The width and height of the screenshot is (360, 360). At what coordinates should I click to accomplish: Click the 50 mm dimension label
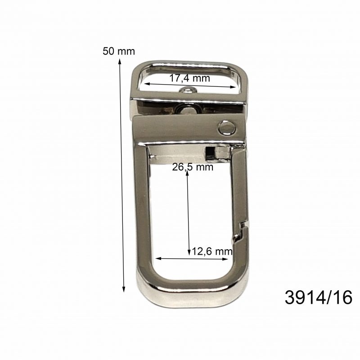[x=119, y=51]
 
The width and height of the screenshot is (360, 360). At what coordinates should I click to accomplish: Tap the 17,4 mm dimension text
[x=189, y=78]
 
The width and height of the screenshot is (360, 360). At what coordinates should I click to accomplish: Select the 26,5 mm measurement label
[x=193, y=167]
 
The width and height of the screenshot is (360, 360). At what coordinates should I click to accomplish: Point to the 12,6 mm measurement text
[x=212, y=252]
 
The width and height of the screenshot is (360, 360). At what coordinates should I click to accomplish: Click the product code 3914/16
[x=319, y=297]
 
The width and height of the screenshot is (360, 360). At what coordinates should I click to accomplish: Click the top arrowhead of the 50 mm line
[x=119, y=61]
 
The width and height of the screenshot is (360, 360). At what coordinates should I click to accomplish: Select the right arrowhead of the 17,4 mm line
[x=233, y=87]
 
